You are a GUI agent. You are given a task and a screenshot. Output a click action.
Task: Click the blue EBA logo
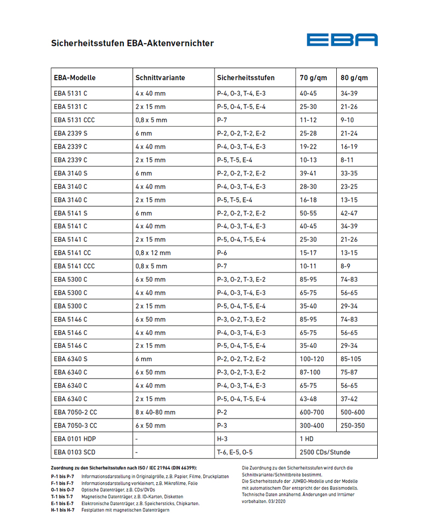pos(342,39)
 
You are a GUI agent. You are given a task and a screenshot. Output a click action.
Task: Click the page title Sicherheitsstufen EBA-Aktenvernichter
pos(132,43)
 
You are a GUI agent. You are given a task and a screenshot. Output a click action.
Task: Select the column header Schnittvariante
pos(160,78)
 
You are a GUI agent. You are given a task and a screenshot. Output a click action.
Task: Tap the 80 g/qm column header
pos(354,78)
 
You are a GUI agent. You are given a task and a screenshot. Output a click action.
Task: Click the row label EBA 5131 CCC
pos(74,120)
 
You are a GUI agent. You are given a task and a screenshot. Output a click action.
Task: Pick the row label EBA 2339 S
pos(71,133)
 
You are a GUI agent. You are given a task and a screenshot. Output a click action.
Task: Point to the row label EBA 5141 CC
pos(72,253)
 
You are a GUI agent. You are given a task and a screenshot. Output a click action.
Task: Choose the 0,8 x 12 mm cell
pos(152,253)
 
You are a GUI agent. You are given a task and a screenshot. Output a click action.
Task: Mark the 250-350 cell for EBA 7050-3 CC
pos(353,426)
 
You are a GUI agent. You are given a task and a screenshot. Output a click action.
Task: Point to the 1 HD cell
pos(307,439)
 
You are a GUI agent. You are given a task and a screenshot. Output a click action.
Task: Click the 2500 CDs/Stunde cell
pos(324,452)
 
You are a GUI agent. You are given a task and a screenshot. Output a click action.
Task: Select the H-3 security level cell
pos(223,439)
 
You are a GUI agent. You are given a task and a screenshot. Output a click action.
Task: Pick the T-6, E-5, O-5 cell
pos(234,452)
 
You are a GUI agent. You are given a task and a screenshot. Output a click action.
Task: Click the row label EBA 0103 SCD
pos(74,452)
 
